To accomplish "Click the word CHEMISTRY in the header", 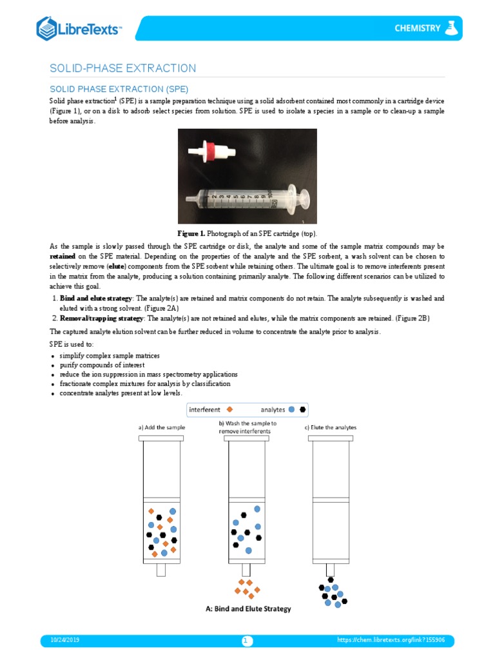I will coord(417,28).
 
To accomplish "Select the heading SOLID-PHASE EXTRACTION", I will coord(123,68).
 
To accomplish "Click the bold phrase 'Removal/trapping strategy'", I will coord(102,318).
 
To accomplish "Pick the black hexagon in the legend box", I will coord(302,409).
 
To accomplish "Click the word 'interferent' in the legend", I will coord(205,409).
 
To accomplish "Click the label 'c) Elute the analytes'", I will coord(330,427).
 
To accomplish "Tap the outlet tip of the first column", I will coord(161,570).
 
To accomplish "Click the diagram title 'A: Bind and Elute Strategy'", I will coord(247,609).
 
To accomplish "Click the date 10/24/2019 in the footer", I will coord(64,640).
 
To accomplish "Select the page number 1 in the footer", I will coord(247,641).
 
